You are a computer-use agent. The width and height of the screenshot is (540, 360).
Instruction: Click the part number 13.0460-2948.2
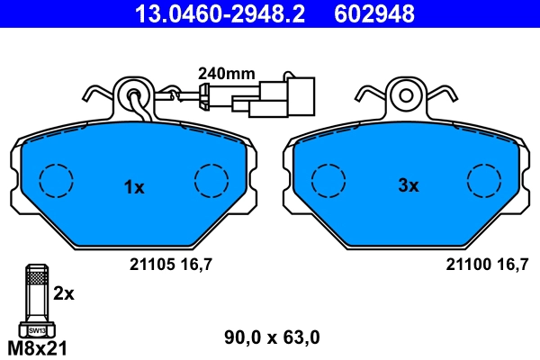[x=220, y=13]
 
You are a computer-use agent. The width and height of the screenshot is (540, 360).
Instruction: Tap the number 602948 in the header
[x=374, y=13]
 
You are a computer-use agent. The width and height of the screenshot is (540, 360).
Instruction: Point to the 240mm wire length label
[x=227, y=74]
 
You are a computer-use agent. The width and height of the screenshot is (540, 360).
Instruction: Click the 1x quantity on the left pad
[x=134, y=187]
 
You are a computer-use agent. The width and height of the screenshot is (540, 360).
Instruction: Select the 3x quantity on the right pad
[x=409, y=185]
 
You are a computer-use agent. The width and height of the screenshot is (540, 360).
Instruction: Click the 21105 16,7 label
[x=171, y=265]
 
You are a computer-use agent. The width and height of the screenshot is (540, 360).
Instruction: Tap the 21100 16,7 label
[x=487, y=265]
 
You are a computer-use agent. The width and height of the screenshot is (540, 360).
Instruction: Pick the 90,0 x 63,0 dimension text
[x=272, y=337]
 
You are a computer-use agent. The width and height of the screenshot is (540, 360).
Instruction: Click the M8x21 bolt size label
[x=37, y=348]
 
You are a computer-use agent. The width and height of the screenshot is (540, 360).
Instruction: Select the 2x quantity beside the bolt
[x=64, y=294]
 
